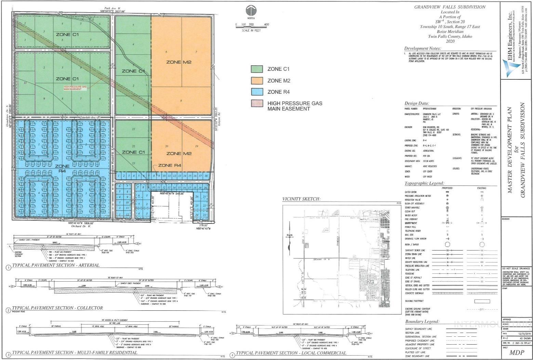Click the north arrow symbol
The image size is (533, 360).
pos(251,10)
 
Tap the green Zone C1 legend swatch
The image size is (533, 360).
pos(257,69)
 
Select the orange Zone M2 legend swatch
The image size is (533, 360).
pos(257,80)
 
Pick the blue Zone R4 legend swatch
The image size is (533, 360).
pos(257,92)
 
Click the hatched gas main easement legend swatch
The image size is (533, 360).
pos(257,103)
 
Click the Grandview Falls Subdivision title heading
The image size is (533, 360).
pos(450,7)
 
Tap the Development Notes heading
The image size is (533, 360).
pos(423,49)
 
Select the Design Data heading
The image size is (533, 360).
pos(416,103)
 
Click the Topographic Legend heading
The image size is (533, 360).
pos(424,183)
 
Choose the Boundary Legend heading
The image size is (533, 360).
pos(422,322)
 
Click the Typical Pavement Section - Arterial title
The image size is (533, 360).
pos(56,265)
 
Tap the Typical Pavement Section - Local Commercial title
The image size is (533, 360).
pos(291,353)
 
